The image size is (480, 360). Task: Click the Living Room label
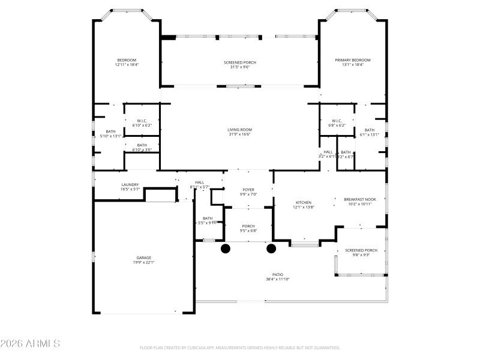click(239, 130)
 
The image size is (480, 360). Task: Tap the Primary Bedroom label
click(352, 60)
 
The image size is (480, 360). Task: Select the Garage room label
click(143, 257)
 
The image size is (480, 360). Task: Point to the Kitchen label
click(304, 202)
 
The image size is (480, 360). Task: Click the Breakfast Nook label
click(359, 199)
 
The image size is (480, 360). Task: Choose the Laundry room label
click(130, 185)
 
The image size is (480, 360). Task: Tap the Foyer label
click(248, 190)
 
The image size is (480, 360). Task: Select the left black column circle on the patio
click(226, 248)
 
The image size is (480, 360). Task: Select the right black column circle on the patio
click(271, 248)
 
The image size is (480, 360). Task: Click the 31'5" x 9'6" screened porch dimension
click(239, 67)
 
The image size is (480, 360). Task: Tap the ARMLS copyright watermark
click(30, 344)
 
